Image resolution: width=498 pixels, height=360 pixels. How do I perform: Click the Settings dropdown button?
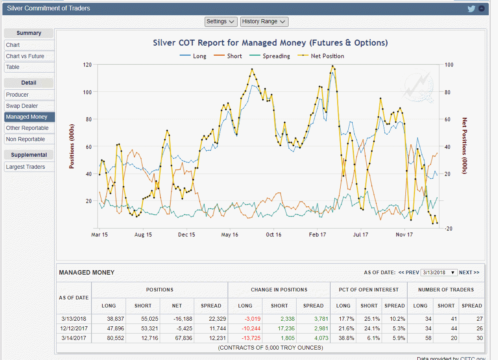coord(221,22)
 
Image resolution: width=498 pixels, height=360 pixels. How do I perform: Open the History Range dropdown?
coord(264,22)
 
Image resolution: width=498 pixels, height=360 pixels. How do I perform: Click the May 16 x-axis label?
coord(230,235)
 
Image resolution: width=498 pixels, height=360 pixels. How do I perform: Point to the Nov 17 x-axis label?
coord(404,235)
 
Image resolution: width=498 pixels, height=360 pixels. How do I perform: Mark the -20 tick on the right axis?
coord(449,229)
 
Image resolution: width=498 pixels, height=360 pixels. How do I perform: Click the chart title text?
coord(270,43)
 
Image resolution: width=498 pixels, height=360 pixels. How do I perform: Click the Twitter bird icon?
coord(472,8)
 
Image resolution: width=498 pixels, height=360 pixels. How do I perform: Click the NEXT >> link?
coord(469,273)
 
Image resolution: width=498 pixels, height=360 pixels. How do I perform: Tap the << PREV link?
coord(409,273)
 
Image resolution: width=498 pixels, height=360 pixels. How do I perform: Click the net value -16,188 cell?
coord(177,319)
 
